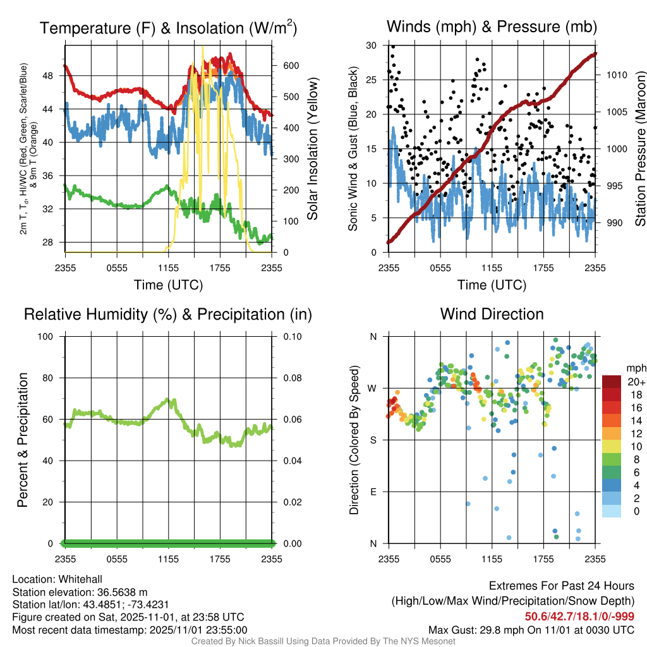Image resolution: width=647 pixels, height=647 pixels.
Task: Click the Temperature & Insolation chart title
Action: tap(168, 28)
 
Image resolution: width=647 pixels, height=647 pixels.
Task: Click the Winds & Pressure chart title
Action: tap(492, 27)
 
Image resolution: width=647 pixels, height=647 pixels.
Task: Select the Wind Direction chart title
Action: tap(492, 314)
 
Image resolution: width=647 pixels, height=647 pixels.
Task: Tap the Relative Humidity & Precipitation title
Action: tap(168, 314)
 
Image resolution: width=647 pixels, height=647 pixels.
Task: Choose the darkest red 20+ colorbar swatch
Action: tap(611, 382)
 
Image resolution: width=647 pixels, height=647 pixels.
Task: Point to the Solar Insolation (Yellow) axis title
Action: tap(312, 148)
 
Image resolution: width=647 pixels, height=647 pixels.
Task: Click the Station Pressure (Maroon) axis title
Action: tap(639, 148)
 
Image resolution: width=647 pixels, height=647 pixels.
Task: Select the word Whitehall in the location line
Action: tap(77, 579)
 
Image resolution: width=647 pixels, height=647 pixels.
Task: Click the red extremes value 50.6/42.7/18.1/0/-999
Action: tap(579, 617)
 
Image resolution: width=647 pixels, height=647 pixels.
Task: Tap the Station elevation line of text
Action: tap(80, 592)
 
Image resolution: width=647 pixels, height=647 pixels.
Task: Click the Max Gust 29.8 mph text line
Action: tap(531, 629)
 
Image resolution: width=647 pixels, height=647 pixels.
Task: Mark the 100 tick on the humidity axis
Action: tap(51, 336)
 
